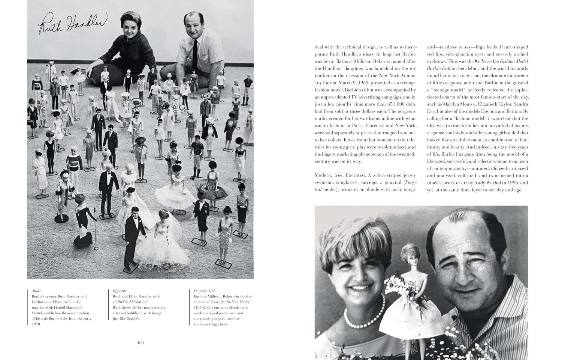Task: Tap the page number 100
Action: (140, 342)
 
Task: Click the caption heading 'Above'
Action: (37, 291)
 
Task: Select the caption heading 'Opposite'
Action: (120, 291)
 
